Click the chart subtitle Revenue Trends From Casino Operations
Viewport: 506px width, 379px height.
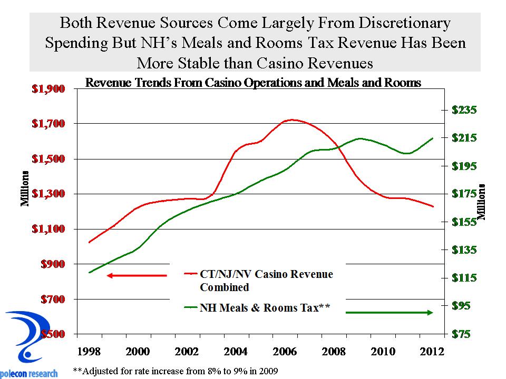[253, 83]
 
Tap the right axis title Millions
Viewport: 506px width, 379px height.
[482, 200]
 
